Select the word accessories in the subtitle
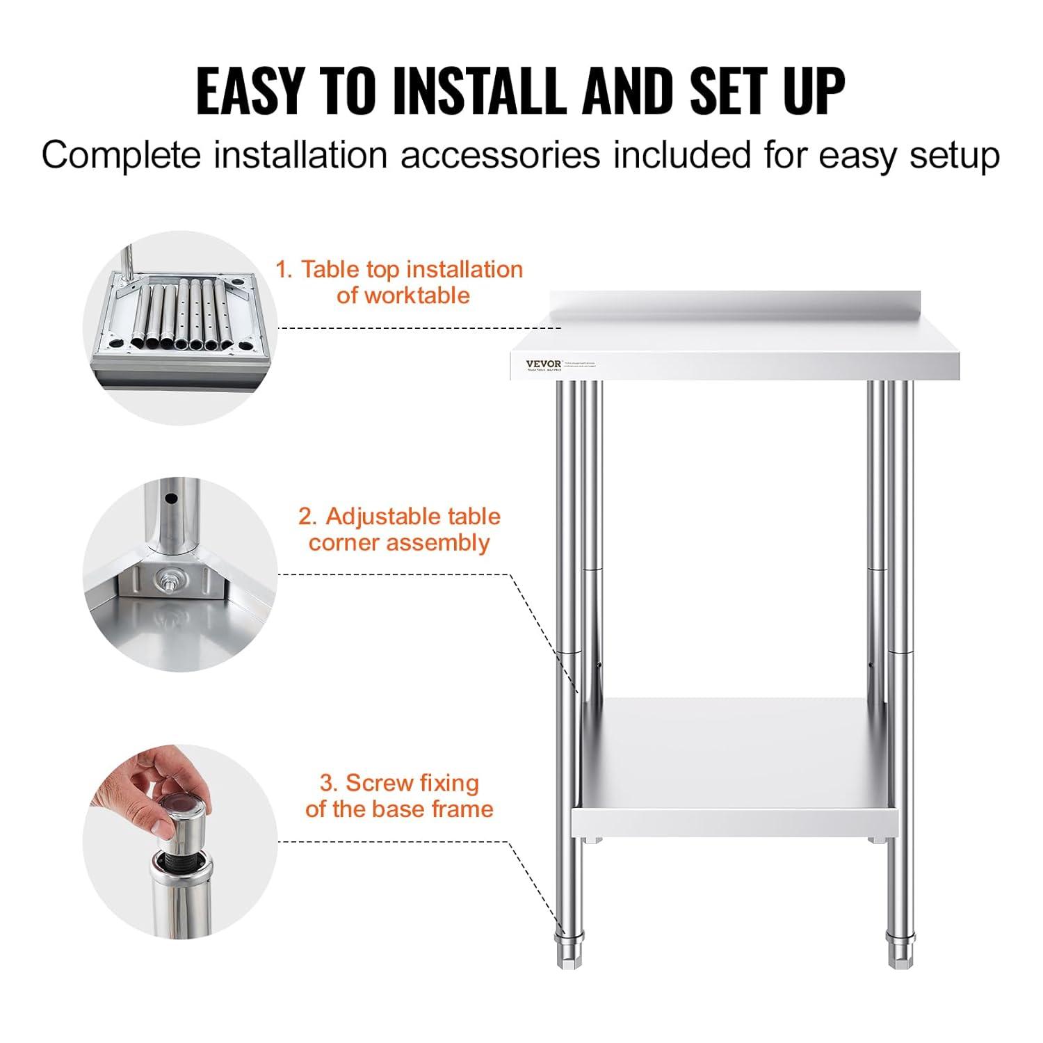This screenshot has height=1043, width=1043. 500,155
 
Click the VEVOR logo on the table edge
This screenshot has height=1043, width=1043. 543,364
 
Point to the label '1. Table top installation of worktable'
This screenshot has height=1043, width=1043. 399,282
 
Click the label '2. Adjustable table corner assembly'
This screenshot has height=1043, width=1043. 399,529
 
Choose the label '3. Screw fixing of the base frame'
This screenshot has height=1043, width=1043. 399,795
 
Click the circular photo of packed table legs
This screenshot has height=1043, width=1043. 180,327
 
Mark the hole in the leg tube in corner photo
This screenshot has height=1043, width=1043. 168,499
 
